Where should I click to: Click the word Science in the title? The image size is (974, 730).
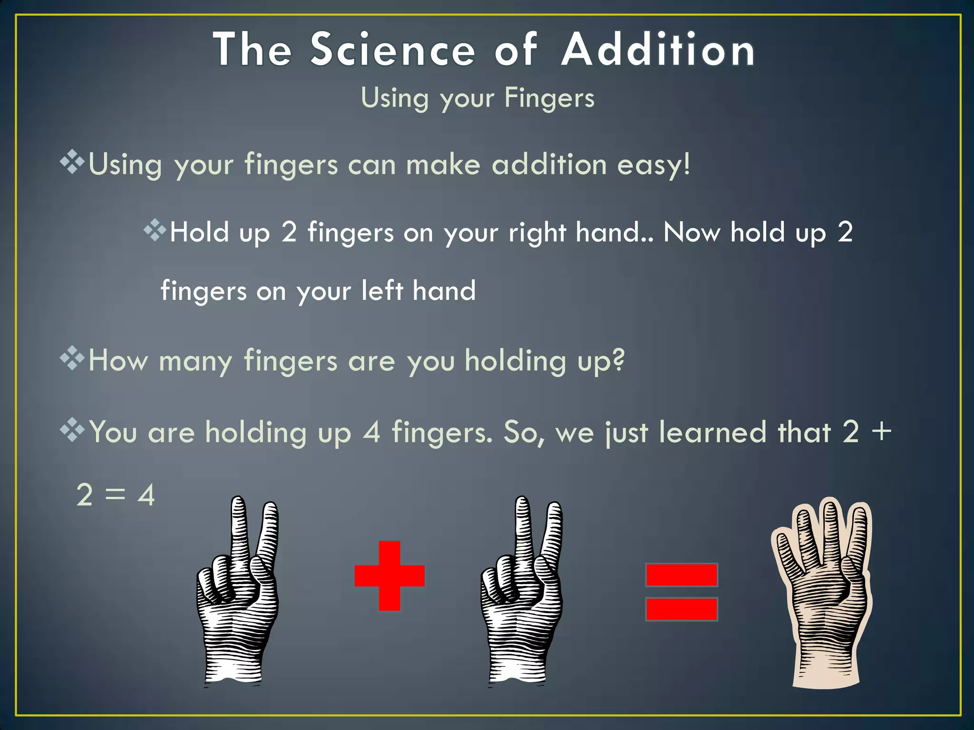[x=393, y=50]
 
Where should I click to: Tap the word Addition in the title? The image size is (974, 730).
[x=658, y=50]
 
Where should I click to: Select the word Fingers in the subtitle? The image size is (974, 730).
[x=549, y=98]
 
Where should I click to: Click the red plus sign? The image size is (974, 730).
[x=390, y=576]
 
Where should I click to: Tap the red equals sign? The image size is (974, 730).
[x=682, y=592]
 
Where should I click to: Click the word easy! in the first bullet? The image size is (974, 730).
[x=653, y=165]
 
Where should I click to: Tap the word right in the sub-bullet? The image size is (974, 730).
[x=537, y=233]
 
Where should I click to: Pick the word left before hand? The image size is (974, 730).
[x=382, y=290]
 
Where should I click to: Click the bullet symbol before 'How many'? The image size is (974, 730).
[x=72, y=358]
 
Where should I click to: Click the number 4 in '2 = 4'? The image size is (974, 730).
[x=146, y=495]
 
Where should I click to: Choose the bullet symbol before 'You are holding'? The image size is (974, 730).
[x=72, y=430]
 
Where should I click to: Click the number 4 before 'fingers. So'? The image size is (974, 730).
[x=371, y=432]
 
